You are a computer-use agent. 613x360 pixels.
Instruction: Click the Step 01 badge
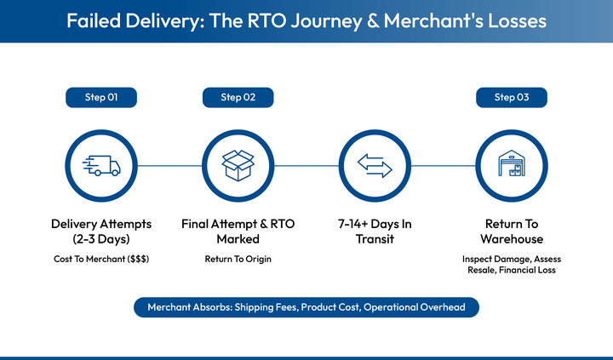[x=101, y=98]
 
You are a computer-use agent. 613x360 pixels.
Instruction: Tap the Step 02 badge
[x=238, y=98]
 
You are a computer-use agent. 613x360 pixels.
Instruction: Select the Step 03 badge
[x=511, y=98]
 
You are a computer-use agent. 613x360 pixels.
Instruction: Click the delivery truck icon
[x=101, y=165]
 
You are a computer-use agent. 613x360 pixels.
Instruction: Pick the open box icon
[x=238, y=165]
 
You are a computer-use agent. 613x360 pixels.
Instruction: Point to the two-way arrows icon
[x=375, y=165]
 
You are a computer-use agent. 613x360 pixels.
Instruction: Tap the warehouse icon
[x=511, y=165]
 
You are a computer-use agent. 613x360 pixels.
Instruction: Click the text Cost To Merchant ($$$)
[x=101, y=259]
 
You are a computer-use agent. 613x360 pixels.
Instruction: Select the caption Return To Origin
[x=238, y=259]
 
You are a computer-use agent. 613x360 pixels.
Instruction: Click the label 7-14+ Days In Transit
[x=375, y=231]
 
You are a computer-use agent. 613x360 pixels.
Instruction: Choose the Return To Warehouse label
[x=511, y=231]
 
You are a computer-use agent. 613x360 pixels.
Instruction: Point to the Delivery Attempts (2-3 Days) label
[x=101, y=231]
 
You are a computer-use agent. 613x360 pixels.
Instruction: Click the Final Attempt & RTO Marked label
[x=238, y=231]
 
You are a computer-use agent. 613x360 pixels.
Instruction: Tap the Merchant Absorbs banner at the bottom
[x=306, y=307]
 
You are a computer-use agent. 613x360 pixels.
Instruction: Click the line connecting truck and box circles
[x=169, y=165]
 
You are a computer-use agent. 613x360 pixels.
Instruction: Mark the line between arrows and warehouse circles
[x=443, y=165]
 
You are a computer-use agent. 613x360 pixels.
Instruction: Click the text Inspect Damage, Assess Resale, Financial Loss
[x=511, y=265]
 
